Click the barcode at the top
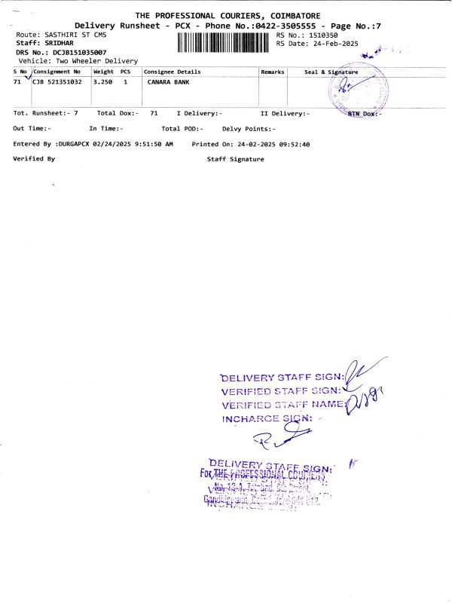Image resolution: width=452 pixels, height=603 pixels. tap(225, 41)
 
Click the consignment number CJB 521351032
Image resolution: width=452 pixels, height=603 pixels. tap(57, 81)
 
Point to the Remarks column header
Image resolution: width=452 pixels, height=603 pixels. tap(272, 71)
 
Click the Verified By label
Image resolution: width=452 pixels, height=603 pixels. tap(35, 159)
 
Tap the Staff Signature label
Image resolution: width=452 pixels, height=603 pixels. tap(236, 159)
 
